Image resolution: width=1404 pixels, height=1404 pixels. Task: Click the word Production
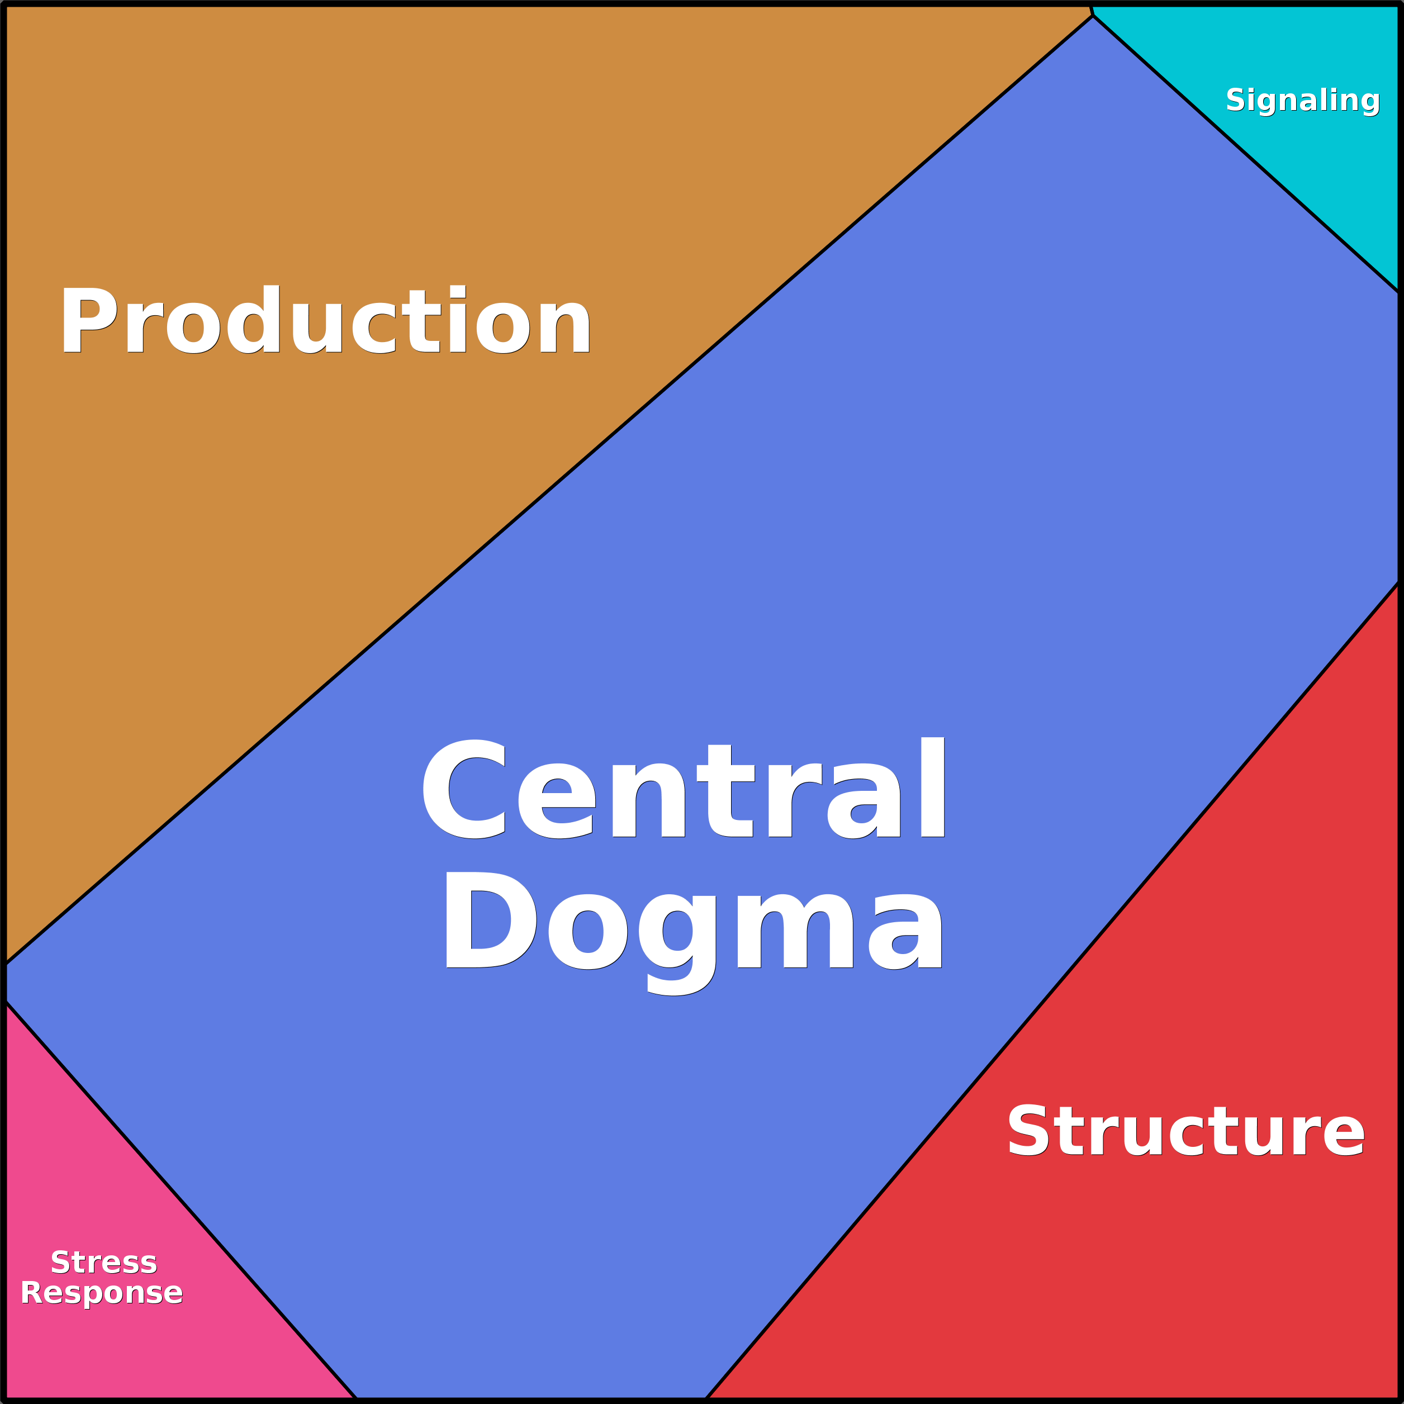tap(325, 320)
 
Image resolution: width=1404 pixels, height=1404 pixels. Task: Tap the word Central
tap(683, 789)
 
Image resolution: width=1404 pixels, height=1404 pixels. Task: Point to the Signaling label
tap(1302, 99)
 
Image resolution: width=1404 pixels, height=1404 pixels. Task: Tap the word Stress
tap(104, 1262)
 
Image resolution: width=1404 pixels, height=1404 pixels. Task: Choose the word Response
tap(102, 1293)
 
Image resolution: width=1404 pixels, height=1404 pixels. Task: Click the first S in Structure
tap(1027, 1131)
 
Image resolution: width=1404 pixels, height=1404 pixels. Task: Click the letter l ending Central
tap(932, 787)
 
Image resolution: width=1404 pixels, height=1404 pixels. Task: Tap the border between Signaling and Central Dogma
tap(1246, 154)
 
